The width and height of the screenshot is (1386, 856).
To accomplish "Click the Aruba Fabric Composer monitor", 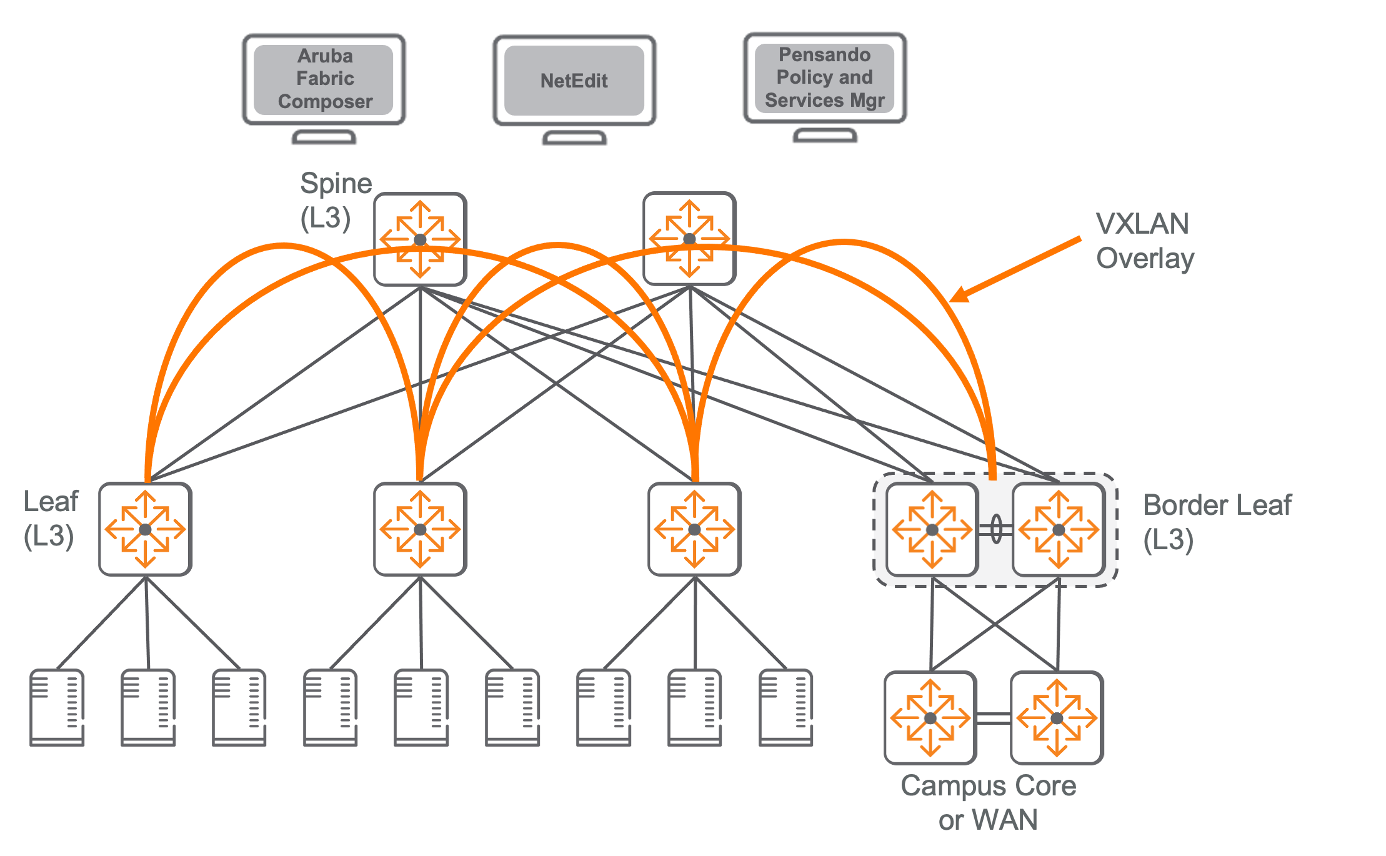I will pos(324,79).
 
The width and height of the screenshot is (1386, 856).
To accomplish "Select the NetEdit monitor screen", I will pos(574,81).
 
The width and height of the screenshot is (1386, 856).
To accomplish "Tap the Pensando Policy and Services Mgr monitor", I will pos(824,78).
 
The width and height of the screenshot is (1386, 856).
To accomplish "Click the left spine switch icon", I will pos(420,239).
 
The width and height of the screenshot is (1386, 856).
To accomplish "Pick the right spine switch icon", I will pos(689,239).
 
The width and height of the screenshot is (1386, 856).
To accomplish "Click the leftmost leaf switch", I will pos(145,529).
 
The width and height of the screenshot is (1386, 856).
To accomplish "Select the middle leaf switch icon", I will pos(420,529).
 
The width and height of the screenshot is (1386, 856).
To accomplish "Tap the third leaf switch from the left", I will pos(694,529).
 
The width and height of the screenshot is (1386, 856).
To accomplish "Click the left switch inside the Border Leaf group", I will pos(932,530).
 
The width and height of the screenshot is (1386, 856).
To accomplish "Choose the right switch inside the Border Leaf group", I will pos(1059,530).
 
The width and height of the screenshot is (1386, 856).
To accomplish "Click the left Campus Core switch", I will pos(930,718).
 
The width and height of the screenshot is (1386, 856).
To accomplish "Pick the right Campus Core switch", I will pos(1057,718).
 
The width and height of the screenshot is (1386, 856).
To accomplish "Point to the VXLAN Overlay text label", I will pos(1144,241).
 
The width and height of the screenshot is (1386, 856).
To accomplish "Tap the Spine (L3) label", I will pos(335,200).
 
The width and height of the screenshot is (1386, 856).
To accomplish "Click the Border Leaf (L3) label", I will pos(1216,522).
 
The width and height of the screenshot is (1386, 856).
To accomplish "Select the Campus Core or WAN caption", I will pos(988,802).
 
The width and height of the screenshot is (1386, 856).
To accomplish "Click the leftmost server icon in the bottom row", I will pos(57,708).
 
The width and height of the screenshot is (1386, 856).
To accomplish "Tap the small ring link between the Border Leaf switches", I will pos(996,529).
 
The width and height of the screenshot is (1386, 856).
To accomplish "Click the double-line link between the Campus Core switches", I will pos(994,719).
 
